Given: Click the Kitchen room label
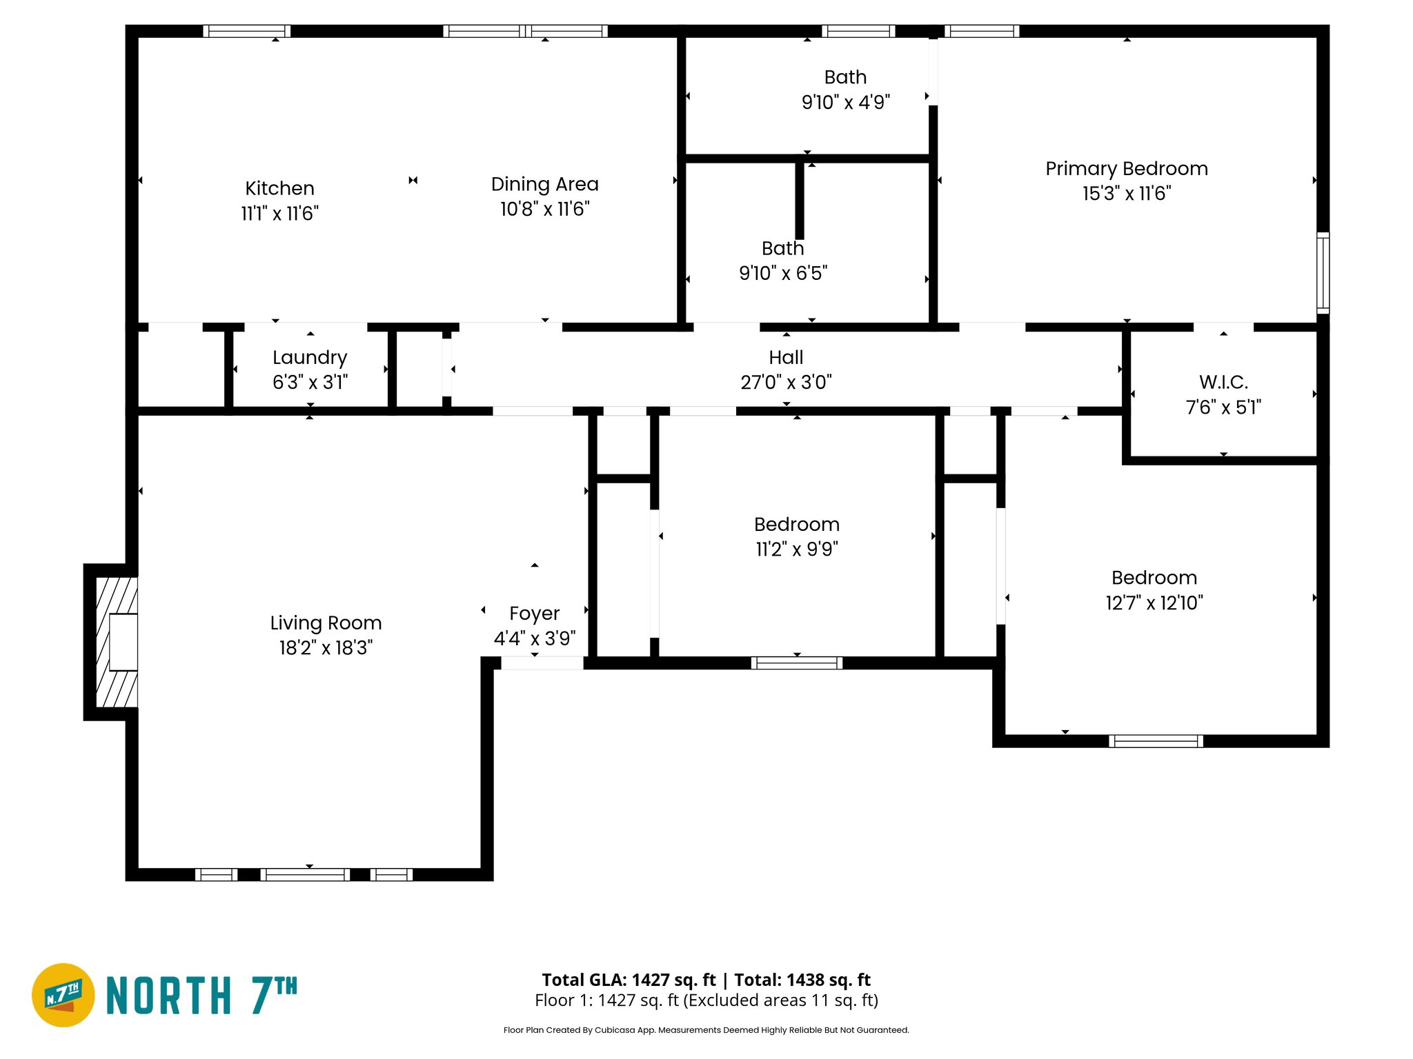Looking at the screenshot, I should pyautogui.click(x=279, y=188).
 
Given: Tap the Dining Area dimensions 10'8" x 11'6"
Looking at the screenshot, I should pyautogui.click(x=544, y=209).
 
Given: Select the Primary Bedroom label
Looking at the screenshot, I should pyautogui.click(x=1126, y=169).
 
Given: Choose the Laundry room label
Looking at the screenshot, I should pyautogui.click(x=310, y=357).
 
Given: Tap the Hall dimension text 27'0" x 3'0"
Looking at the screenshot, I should pyautogui.click(x=786, y=382).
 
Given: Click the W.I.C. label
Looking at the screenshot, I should pyautogui.click(x=1223, y=382).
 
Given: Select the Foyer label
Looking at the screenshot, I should pyautogui.click(x=534, y=613).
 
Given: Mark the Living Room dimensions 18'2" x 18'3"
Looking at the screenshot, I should pyautogui.click(x=326, y=648).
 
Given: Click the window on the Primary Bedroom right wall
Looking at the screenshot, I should pyautogui.click(x=1322, y=273).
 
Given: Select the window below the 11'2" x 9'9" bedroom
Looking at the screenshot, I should pyautogui.click(x=796, y=663).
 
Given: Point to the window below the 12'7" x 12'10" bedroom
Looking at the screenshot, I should pyautogui.click(x=1156, y=741).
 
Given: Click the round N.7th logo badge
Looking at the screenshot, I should pyautogui.click(x=63, y=995).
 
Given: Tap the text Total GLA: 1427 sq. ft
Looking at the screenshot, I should pyautogui.click(x=629, y=980).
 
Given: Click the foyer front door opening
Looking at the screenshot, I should pyautogui.click(x=542, y=663).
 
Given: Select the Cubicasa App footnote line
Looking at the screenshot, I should pyautogui.click(x=706, y=1030).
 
